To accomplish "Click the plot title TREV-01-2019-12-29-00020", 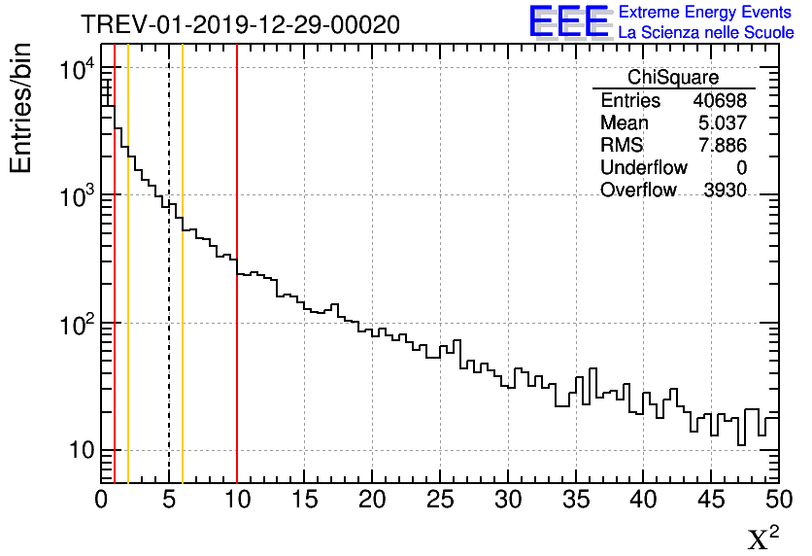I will (x=239, y=25).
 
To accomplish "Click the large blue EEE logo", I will (x=569, y=21).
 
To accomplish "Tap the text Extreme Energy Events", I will (x=705, y=13).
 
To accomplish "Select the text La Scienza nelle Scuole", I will (x=705, y=32).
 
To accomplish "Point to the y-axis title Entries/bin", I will (x=21, y=108).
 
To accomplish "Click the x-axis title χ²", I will (x=762, y=538).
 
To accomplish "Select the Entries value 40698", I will (x=720, y=101).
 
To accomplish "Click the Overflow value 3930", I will (x=725, y=191).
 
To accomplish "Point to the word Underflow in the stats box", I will (x=643, y=168).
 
